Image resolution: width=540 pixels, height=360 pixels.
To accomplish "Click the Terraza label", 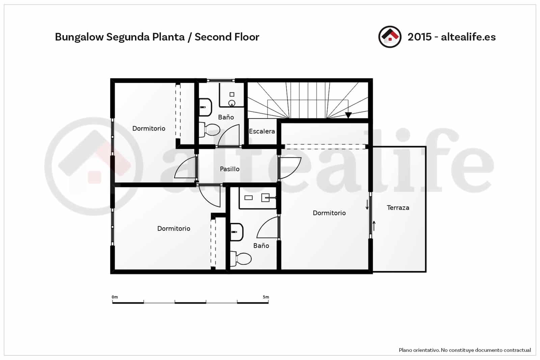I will click(398, 208).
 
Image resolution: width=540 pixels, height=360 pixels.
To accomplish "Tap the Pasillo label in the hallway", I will click(230, 169).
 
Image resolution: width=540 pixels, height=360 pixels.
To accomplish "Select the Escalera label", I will click(262, 131).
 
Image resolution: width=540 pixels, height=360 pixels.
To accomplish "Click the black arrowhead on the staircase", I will click(348, 115).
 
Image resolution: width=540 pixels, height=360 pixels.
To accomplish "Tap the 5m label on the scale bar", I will click(266, 297).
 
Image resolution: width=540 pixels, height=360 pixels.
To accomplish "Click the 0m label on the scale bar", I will click(115, 297).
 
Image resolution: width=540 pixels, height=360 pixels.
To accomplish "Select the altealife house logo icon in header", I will click(390, 37).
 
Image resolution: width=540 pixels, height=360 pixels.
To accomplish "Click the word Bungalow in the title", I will click(79, 37).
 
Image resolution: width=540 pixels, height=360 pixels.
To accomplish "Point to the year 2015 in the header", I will click(420, 37).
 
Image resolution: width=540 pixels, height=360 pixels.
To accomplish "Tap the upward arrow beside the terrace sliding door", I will click(374, 226).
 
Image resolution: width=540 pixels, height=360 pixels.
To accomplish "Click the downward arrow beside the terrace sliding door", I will click(367, 205).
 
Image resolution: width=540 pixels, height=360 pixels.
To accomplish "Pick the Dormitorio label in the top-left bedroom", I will click(148, 128).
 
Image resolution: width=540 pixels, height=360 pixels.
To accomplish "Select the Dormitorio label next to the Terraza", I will click(329, 213).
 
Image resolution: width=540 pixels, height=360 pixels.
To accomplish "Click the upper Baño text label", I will click(226, 117).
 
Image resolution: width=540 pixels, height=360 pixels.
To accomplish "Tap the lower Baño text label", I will click(261, 246).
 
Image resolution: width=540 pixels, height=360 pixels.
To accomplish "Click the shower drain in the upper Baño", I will click(232, 103).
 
